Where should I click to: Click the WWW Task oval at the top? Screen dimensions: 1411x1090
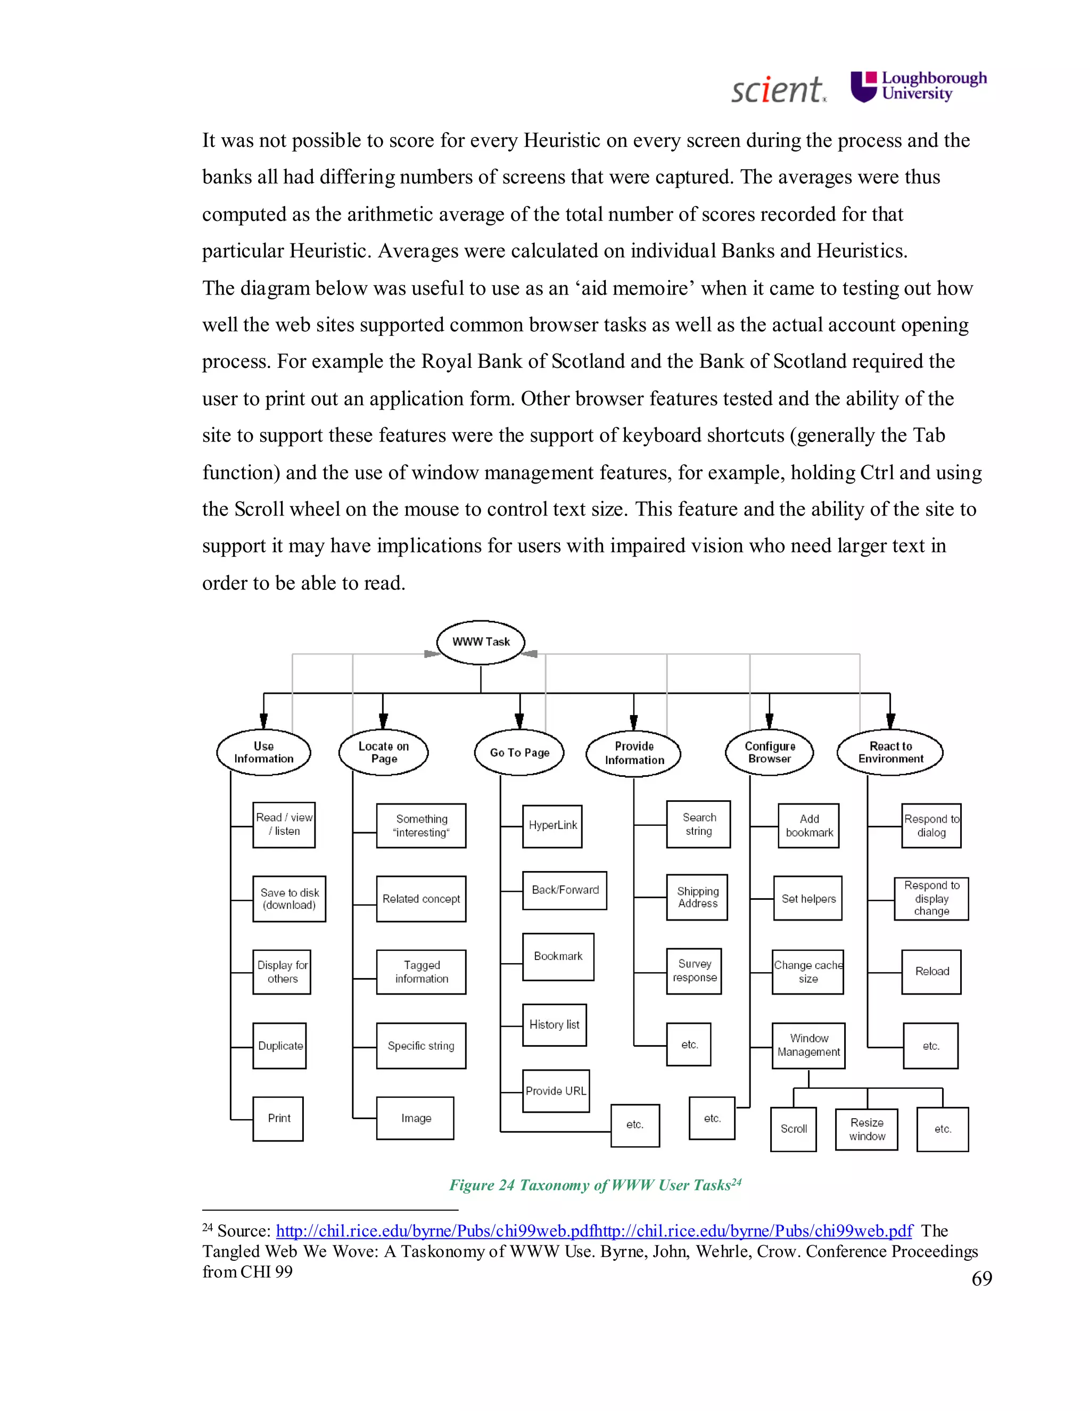(481, 642)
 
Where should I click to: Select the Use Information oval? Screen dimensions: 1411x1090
(263, 753)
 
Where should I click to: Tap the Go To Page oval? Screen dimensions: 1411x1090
(519, 753)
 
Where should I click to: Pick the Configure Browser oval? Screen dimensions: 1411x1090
(769, 753)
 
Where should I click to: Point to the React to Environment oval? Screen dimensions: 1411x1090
(890, 753)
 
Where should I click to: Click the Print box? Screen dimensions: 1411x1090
(278, 1118)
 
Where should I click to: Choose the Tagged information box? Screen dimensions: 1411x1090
(421, 972)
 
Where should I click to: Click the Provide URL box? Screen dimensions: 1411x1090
(555, 1091)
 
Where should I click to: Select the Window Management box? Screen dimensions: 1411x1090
(808, 1045)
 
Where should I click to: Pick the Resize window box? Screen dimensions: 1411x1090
(866, 1129)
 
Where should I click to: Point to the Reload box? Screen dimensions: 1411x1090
(931, 972)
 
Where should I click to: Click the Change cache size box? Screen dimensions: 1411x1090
(808, 972)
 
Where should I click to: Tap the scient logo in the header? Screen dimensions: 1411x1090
(778, 90)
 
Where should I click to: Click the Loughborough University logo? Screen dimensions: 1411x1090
(918, 87)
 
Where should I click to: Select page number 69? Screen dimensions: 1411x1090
(981, 1278)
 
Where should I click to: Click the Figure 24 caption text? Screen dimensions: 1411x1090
(594, 1185)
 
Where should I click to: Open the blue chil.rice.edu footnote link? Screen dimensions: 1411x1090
(594, 1230)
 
